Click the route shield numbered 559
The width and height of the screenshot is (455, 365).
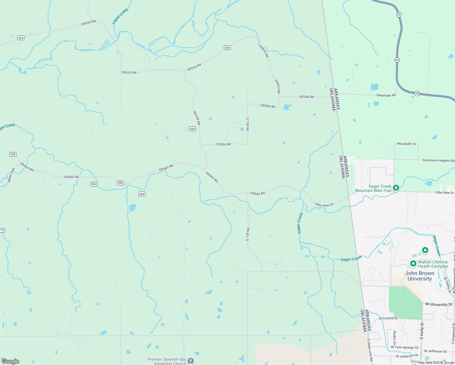[x=192, y=129]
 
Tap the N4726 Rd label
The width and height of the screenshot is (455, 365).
[x=197, y=118]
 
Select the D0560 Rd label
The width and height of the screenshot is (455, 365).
[x=224, y=144]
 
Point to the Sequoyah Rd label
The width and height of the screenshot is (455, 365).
[x=386, y=95]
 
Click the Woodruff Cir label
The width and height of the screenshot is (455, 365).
[x=406, y=144]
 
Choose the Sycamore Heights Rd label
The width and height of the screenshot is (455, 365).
[x=438, y=160]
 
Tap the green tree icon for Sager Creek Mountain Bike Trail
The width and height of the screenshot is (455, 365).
[x=396, y=188]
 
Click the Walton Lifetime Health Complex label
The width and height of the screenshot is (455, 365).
[x=433, y=264]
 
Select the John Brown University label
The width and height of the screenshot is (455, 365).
[x=419, y=276]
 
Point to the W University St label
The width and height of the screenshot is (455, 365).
[x=439, y=304]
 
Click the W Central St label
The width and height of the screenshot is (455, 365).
[x=388, y=318]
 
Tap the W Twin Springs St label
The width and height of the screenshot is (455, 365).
[x=404, y=347]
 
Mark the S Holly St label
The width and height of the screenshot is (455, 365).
[x=422, y=331]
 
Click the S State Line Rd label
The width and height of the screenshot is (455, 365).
[x=370, y=351]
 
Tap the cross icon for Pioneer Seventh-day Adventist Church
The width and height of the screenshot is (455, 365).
[x=191, y=361]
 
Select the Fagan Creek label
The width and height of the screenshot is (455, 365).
[x=120, y=16]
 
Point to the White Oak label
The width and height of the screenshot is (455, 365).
[x=11, y=175]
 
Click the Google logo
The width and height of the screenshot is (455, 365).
[x=10, y=361]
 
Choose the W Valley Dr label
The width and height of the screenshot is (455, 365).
[x=447, y=285]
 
